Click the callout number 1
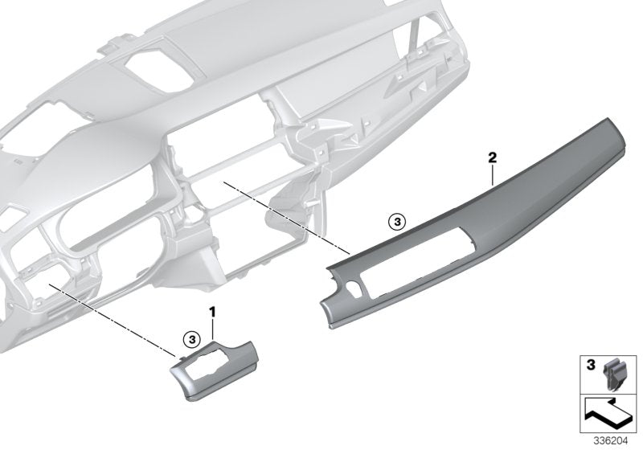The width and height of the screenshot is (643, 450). pos(213,310)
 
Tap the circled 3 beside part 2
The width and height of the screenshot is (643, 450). pos(393,219)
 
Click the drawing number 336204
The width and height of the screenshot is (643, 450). pos(610,440)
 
